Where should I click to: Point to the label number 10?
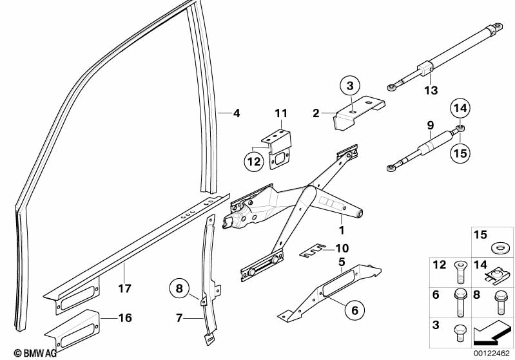342,247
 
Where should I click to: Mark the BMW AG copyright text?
25,353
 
